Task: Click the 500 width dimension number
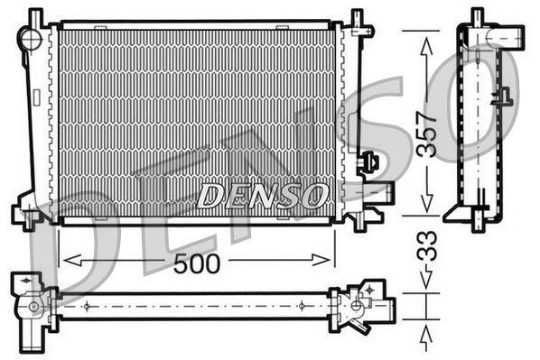click(x=198, y=263)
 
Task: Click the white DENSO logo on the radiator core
click(x=262, y=193)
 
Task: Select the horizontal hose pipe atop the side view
click(x=507, y=37)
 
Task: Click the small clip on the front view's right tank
click(x=368, y=163)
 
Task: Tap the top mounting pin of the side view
click(x=477, y=17)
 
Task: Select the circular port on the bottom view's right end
click(x=358, y=305)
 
